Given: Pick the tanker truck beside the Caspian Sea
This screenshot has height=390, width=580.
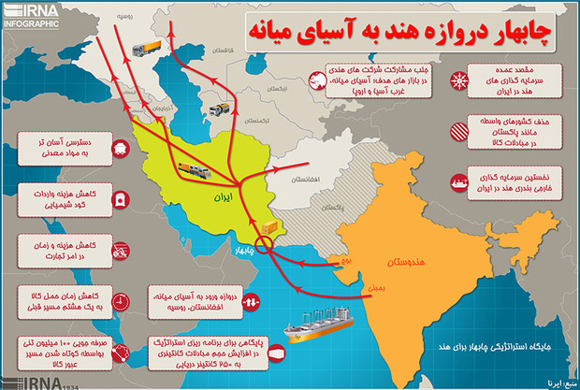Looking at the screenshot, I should (x=221, y=108).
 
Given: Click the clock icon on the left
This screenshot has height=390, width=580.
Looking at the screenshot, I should (x=122, y=299).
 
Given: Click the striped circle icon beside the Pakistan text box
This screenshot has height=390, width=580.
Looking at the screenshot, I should (x=459, y=131).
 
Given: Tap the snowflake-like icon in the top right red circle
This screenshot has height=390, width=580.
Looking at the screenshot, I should (x=459, y=80).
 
